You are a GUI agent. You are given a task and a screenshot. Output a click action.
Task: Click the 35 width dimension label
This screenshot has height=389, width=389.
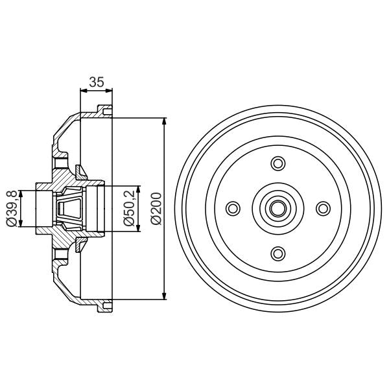96,82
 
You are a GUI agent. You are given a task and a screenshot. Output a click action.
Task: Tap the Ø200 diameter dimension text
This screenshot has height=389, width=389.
154,208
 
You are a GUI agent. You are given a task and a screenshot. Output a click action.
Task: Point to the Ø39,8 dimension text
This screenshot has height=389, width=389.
11,208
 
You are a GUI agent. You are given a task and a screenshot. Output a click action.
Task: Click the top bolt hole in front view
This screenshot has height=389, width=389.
278,163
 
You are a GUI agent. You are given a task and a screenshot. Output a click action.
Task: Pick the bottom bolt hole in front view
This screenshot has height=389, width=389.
278,252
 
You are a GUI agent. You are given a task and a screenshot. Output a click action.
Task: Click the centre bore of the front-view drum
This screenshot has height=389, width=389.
278,207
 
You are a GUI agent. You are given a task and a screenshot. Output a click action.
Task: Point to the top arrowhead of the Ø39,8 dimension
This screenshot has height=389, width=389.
22,193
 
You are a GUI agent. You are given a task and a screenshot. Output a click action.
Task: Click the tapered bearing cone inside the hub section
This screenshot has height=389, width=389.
69,208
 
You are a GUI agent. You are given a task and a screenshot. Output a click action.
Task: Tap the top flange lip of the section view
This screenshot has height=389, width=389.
104,110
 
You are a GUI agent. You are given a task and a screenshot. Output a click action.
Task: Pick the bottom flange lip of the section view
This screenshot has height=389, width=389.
104,307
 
